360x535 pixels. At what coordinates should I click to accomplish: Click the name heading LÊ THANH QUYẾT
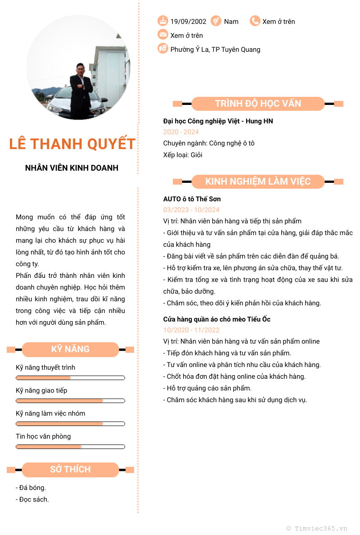coord(72,144)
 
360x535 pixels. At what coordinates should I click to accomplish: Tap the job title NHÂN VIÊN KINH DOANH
coord(72,168)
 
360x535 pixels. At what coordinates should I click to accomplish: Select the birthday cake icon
coord(162,21)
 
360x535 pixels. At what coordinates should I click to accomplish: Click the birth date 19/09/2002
coord(188,22)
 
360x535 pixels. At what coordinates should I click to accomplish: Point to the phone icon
coord(255,21)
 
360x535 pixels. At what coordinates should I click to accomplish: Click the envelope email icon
coord(162,35)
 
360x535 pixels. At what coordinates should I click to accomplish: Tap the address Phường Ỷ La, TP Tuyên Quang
coord(215,50)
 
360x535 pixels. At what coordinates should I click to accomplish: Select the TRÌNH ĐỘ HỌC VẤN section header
coord(258,104)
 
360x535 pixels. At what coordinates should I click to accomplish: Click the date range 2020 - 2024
coord(181,132)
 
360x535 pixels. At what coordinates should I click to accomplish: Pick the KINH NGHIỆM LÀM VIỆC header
coord(258,181)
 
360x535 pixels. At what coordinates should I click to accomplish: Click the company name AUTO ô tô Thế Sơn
coord(192,199)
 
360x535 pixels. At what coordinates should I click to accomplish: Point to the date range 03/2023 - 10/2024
coord(191,210)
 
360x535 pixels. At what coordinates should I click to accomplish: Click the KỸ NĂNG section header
coord(70,349)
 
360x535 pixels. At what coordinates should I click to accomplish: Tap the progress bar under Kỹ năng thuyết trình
coord(70,378)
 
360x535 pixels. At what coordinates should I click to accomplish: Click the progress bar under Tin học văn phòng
coord(70,447)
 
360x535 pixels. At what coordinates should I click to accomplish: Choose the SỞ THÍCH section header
coord(70,470)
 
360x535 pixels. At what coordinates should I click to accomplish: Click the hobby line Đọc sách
coord(32,499)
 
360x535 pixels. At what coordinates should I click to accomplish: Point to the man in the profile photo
coord(79,88)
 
